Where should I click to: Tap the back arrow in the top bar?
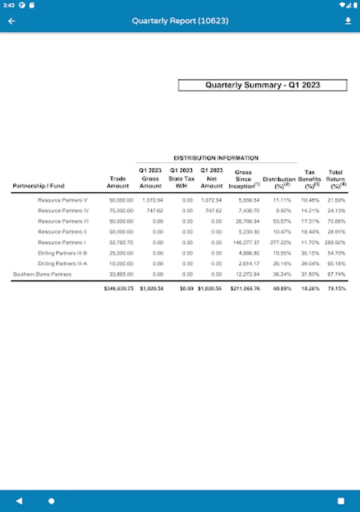[x=11, y=21]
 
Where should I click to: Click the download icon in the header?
[x=348, y=21]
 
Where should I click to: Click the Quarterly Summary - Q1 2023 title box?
[x=262, y=85]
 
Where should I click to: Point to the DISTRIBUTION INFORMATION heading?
[x=216, y=158]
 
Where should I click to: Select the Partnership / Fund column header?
[x=39, y=186]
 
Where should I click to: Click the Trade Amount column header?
[x=118, y=182]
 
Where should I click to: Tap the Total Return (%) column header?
[x=336, y=179]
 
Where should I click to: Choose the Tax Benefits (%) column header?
[x=309, y=179]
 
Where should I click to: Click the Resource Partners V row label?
[x=63, y=200]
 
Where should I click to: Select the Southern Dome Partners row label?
[x=42, y=274]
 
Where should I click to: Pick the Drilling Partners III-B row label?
[x=63, y=253]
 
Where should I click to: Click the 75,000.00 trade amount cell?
[x=122, y=210]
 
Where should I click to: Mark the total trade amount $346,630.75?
[x=119, y=289]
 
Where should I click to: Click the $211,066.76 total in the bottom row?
[x=245, y=289]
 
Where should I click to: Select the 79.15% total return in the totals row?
[x=336, y=289]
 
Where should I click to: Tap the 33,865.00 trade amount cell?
[x=122, y=274]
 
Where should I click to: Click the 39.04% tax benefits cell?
[x=310, y=263]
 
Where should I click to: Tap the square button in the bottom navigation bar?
[x=341, y=501]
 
